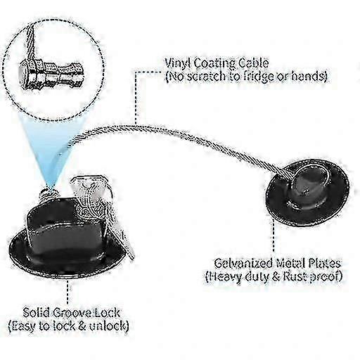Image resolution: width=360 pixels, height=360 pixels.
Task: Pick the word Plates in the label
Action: point(324,263)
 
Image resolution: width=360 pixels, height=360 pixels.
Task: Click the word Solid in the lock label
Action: point(36,313)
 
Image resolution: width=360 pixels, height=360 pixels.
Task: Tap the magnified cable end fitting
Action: point(51,75)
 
